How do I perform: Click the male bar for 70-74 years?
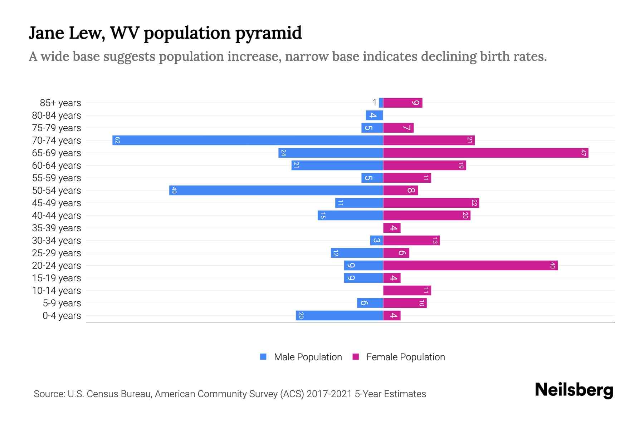pos(248,140)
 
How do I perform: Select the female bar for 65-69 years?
pos(486,153)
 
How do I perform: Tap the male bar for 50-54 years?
pos(276,190)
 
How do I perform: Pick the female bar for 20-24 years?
pos(470,265)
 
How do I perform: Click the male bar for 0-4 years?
pos(339,315)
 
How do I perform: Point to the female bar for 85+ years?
pos(402,103)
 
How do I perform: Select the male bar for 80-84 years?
pos(374,115)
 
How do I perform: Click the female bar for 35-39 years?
pos(392,228)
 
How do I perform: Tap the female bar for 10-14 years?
pos(407,290)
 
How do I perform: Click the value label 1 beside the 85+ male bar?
pos(375,103)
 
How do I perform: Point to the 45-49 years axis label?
pos(57,203)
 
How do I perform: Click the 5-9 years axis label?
pos(62,303)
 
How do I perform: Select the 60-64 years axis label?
pos(57,165)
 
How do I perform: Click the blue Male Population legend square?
pos(263,357)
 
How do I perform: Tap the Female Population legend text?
pos(405,357)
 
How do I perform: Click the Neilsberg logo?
pos(574,390)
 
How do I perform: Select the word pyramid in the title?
pos(268,33)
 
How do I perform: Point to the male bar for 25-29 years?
pos(357,253)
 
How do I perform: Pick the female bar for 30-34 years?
pos(411,240)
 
